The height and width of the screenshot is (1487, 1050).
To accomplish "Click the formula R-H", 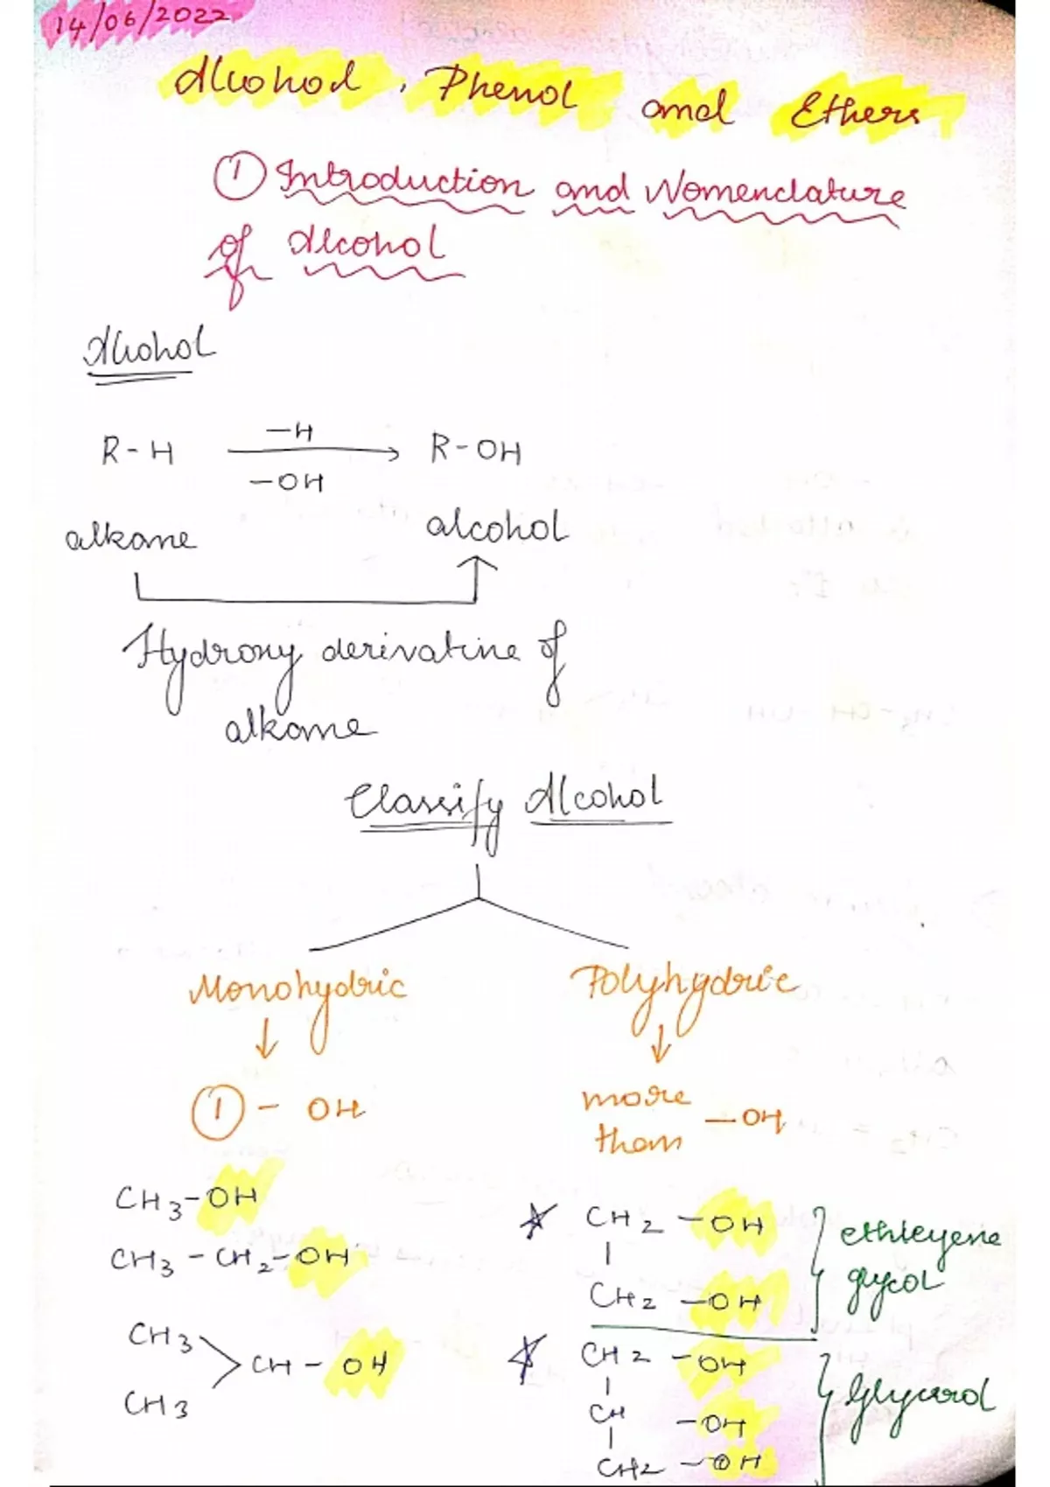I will (137, 452).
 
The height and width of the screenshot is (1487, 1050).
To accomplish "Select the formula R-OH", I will (475, 450).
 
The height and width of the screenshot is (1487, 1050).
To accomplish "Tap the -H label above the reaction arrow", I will (290, 430).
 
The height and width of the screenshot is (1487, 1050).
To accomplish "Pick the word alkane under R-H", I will (130, 537).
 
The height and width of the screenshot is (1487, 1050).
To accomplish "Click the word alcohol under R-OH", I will (496, 528).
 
